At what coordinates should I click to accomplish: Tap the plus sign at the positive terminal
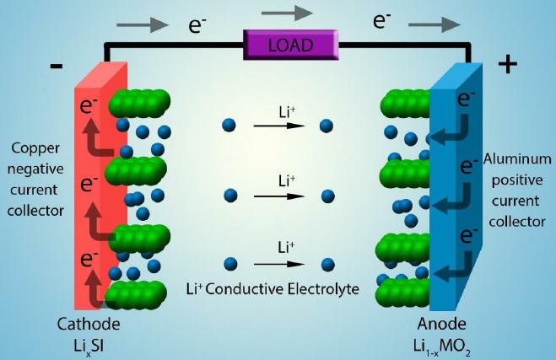click(507, 64)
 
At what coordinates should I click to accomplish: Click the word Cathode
click(89, 325)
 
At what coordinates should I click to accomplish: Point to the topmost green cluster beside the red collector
click(139, 102)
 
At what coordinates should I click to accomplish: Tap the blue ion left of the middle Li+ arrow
click(228, 196)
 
